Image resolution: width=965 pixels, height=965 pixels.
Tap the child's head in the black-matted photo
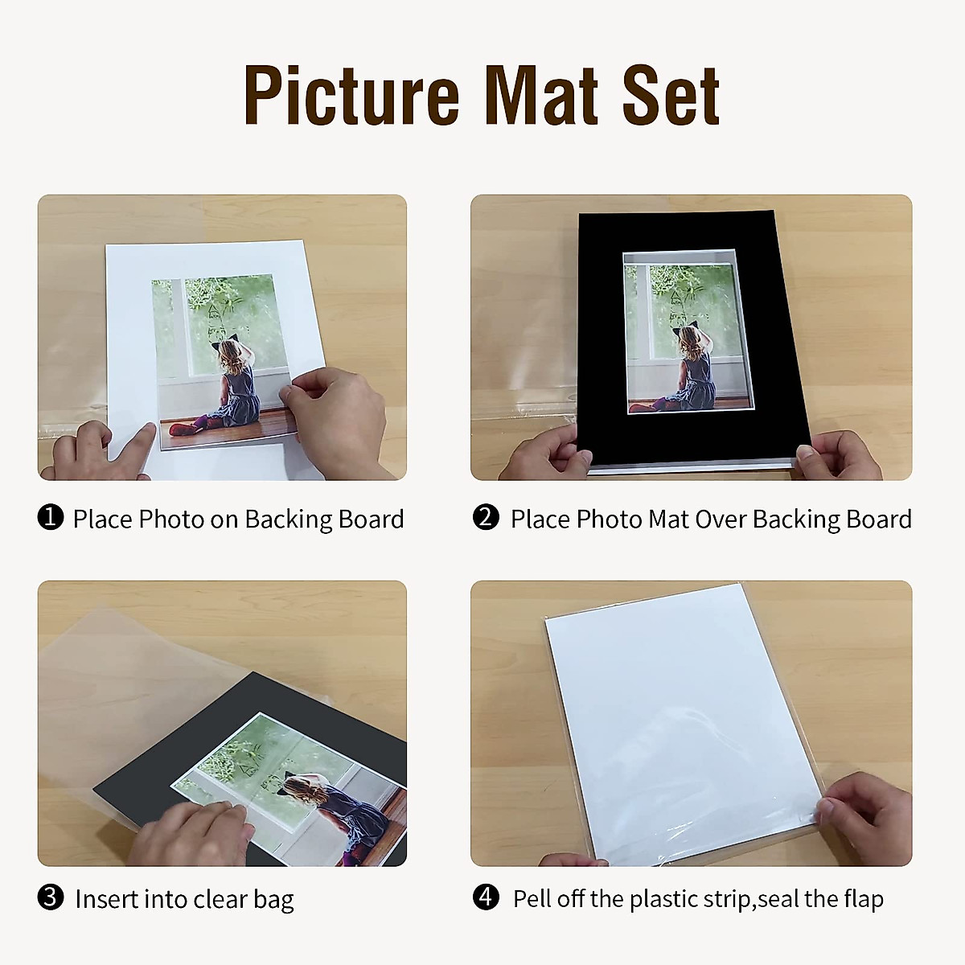coord(688,339)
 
